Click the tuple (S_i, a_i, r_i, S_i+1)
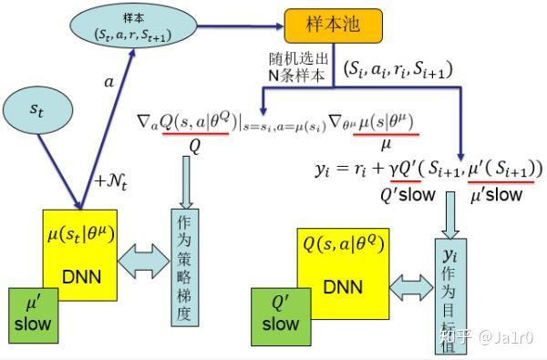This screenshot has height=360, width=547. tap(397, 69)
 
